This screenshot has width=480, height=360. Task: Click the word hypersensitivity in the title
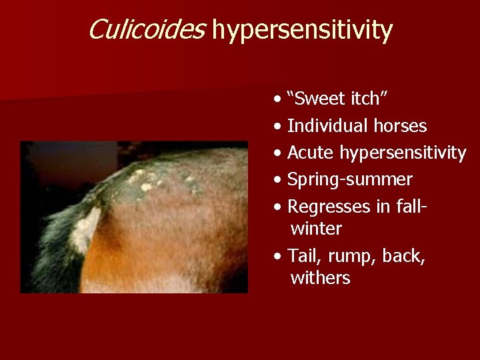(x=302, y=31)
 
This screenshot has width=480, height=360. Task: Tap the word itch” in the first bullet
(x=374, y=99)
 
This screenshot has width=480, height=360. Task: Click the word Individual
(x=327, y=125)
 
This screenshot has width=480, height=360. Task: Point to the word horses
(x=399, y=125)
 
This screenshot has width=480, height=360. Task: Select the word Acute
(x=311, y=153)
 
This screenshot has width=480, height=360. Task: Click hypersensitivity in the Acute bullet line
(x=403, y=153)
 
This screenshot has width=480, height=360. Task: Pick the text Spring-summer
(x=349, y=180)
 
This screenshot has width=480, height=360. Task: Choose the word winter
(x=316, y=229)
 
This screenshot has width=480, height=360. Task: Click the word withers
(x=320, y=278)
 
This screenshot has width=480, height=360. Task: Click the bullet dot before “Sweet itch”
(x=277, y=100)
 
